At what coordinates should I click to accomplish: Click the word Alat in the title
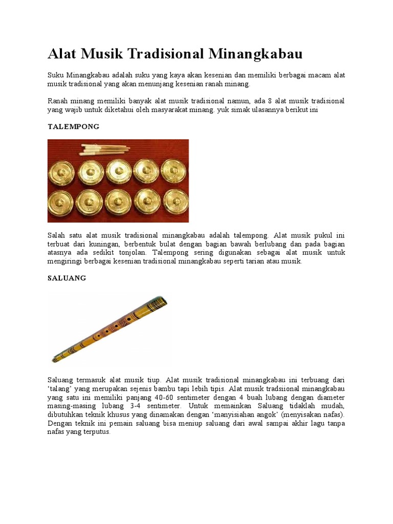click(62, 54)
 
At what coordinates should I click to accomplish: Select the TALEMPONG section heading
click(73, 126)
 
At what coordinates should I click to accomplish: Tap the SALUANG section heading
click(67, 278)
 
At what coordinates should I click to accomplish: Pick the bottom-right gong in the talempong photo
click(174, 200)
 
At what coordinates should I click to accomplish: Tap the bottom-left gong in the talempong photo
click(62, 202)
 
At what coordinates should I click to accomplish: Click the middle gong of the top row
click(118, 171)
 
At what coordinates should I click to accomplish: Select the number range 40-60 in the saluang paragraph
click(166, 398)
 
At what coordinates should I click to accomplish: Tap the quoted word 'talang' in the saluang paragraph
click(58, 389)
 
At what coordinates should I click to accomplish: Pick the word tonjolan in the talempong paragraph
click(131, 253)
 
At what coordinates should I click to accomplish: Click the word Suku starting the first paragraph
click(55, 75)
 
